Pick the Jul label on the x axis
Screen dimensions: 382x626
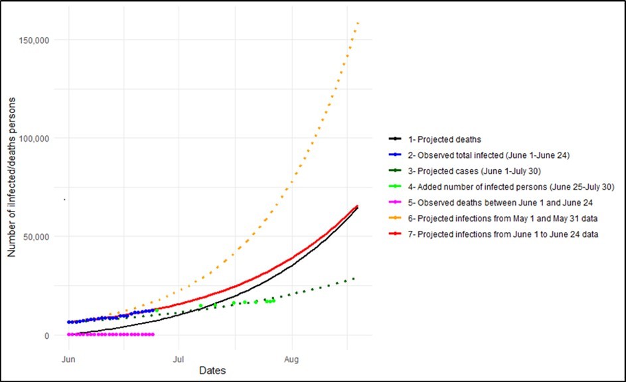pos(179,359)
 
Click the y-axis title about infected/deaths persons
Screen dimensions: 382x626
pos(11,188)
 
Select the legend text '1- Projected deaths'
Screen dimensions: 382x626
pos(445,139)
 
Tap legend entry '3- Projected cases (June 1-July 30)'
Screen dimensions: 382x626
pos(479,171)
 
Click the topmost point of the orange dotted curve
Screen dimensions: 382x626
pos(358,23)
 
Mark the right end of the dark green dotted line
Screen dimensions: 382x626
pos(354,279)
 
